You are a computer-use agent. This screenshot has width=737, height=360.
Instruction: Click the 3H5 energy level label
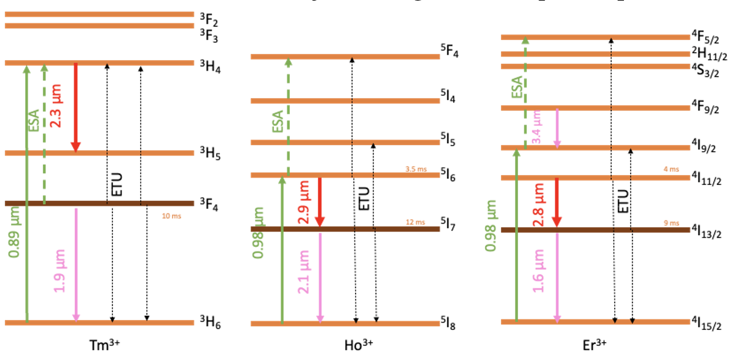(x=211, y=154)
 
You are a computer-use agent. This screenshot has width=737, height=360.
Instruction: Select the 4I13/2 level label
(x=711, y=232)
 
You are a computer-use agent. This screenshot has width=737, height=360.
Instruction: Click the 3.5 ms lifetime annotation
(x=416, y=169)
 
